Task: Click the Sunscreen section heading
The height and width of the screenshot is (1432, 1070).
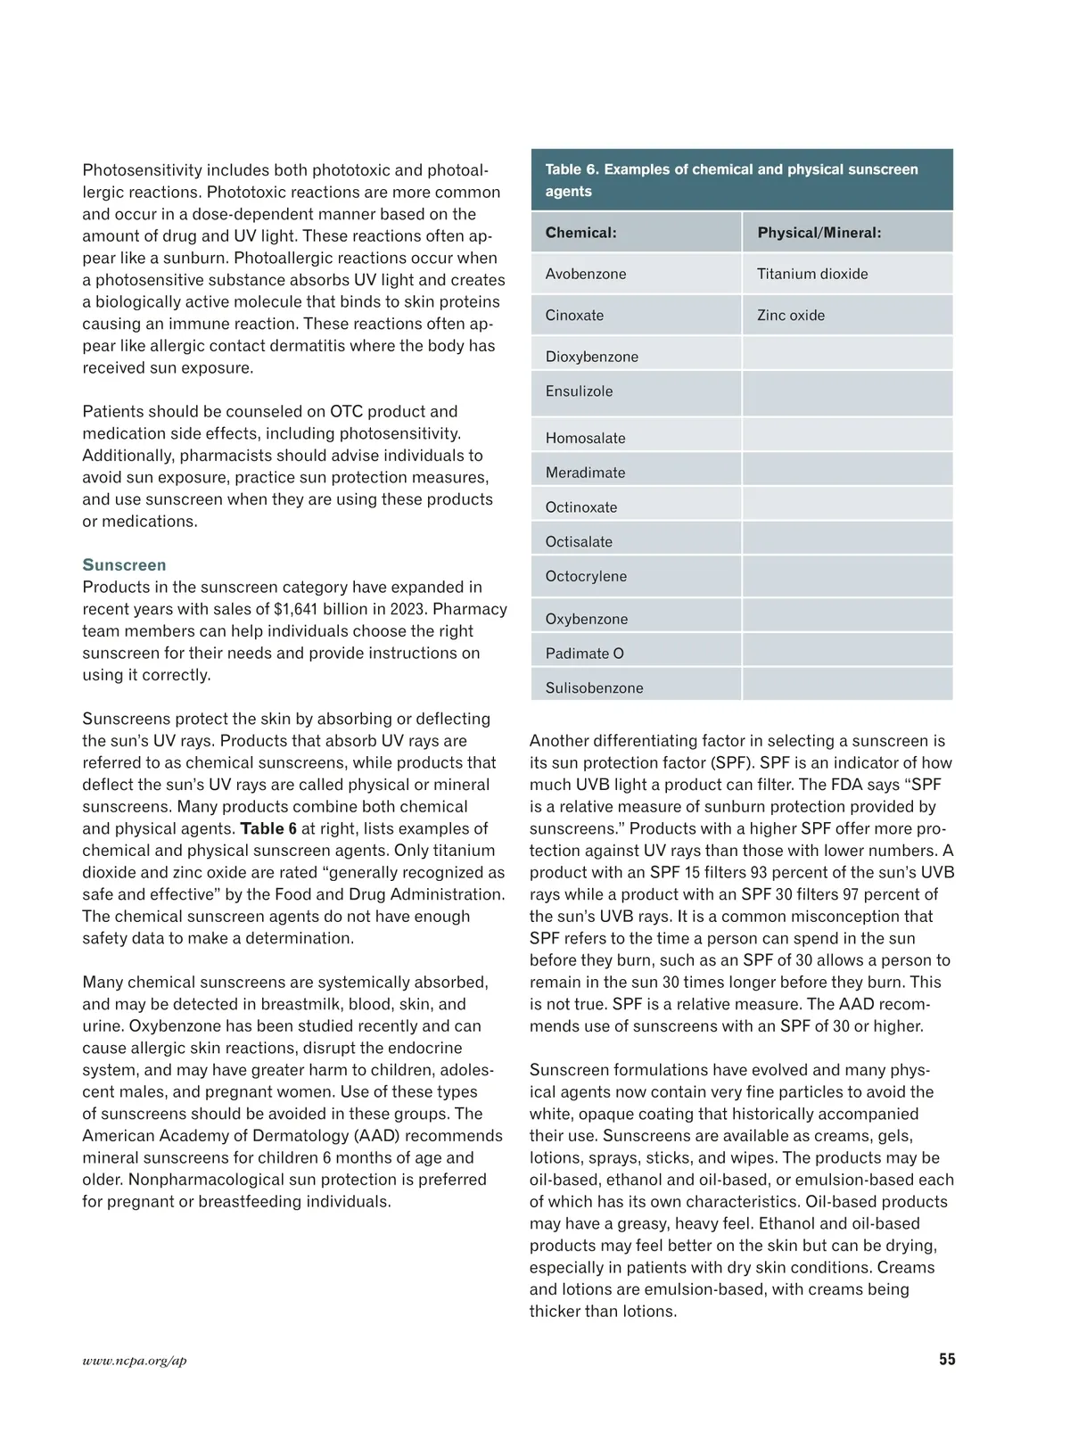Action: (124, 565)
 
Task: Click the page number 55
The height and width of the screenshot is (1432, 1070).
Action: (947, 1360)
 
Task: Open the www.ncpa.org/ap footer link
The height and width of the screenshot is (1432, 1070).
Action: (135, 1361)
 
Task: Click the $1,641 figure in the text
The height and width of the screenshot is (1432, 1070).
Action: (299, 609)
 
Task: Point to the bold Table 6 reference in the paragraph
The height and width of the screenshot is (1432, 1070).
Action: (268, 828)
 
